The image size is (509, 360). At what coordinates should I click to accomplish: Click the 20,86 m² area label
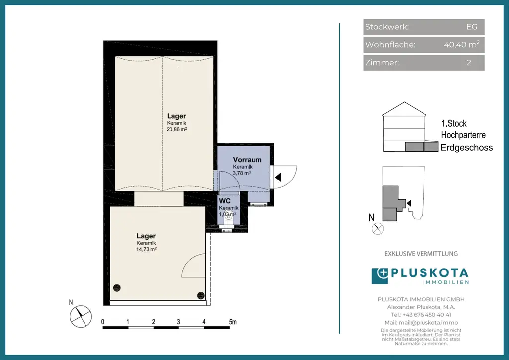(x=176, y=129)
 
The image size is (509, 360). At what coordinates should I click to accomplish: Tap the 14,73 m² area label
(x=146, y=249)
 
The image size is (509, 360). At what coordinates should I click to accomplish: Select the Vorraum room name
(x=247, y=160)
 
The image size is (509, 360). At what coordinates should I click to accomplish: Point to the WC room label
(x=224, y=201)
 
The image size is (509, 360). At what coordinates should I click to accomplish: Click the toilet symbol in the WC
(x=229, y=217)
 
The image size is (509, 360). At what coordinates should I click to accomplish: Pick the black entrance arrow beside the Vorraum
(x=278, y=177)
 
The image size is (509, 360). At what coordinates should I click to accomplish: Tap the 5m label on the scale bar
(x=233, y=322)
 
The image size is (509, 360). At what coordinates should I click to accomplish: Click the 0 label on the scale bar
(x=103, y=322)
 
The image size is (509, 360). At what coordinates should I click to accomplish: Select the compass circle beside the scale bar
(x=81, y=316)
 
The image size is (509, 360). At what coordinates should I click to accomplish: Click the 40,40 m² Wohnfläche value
(x=462, y=44)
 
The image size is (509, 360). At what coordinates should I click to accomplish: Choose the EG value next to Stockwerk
(x=472, y=27)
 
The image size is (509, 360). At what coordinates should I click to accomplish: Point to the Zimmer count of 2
(x=469, y=62)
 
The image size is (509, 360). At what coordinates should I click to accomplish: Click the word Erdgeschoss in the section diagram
(x=466, y=147)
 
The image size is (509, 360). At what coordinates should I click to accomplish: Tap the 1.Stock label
(x=454, y=123)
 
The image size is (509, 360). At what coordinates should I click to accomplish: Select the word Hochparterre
(x=463, y=135)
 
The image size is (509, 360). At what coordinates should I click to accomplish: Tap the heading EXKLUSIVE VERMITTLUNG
(x=421, y=254)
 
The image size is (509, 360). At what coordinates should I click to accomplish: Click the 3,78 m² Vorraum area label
(x=242, y=173)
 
